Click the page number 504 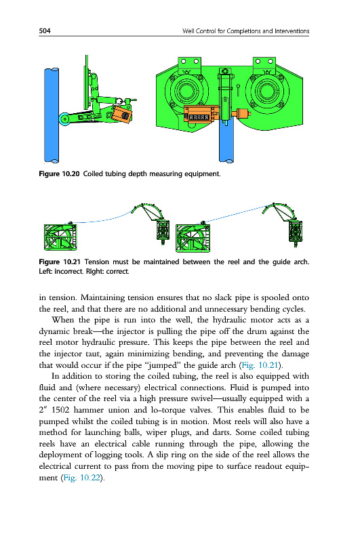(45, 30)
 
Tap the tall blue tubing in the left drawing (52, 115)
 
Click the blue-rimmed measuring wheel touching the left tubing (64, 119)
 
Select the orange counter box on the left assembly (122, 113)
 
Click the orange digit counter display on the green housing (199, 117)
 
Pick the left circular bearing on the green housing (186, 91)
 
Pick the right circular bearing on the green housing (267, 91)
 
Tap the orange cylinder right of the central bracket (241, 114)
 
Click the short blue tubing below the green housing (226, 142)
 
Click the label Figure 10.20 (59, 173)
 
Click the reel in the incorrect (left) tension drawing (60, 236)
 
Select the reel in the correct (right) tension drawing (193, 238)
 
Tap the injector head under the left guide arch (163, 230)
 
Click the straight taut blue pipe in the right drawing (235, 214)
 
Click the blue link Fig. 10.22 (81, 478)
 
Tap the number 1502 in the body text (60, 410)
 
